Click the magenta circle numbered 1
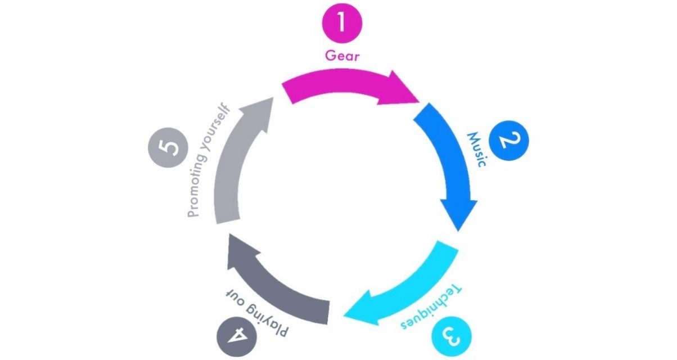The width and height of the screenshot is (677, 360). (342, 24)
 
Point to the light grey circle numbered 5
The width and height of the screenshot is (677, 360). (169, 150)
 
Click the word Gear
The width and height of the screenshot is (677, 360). (342, 56)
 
